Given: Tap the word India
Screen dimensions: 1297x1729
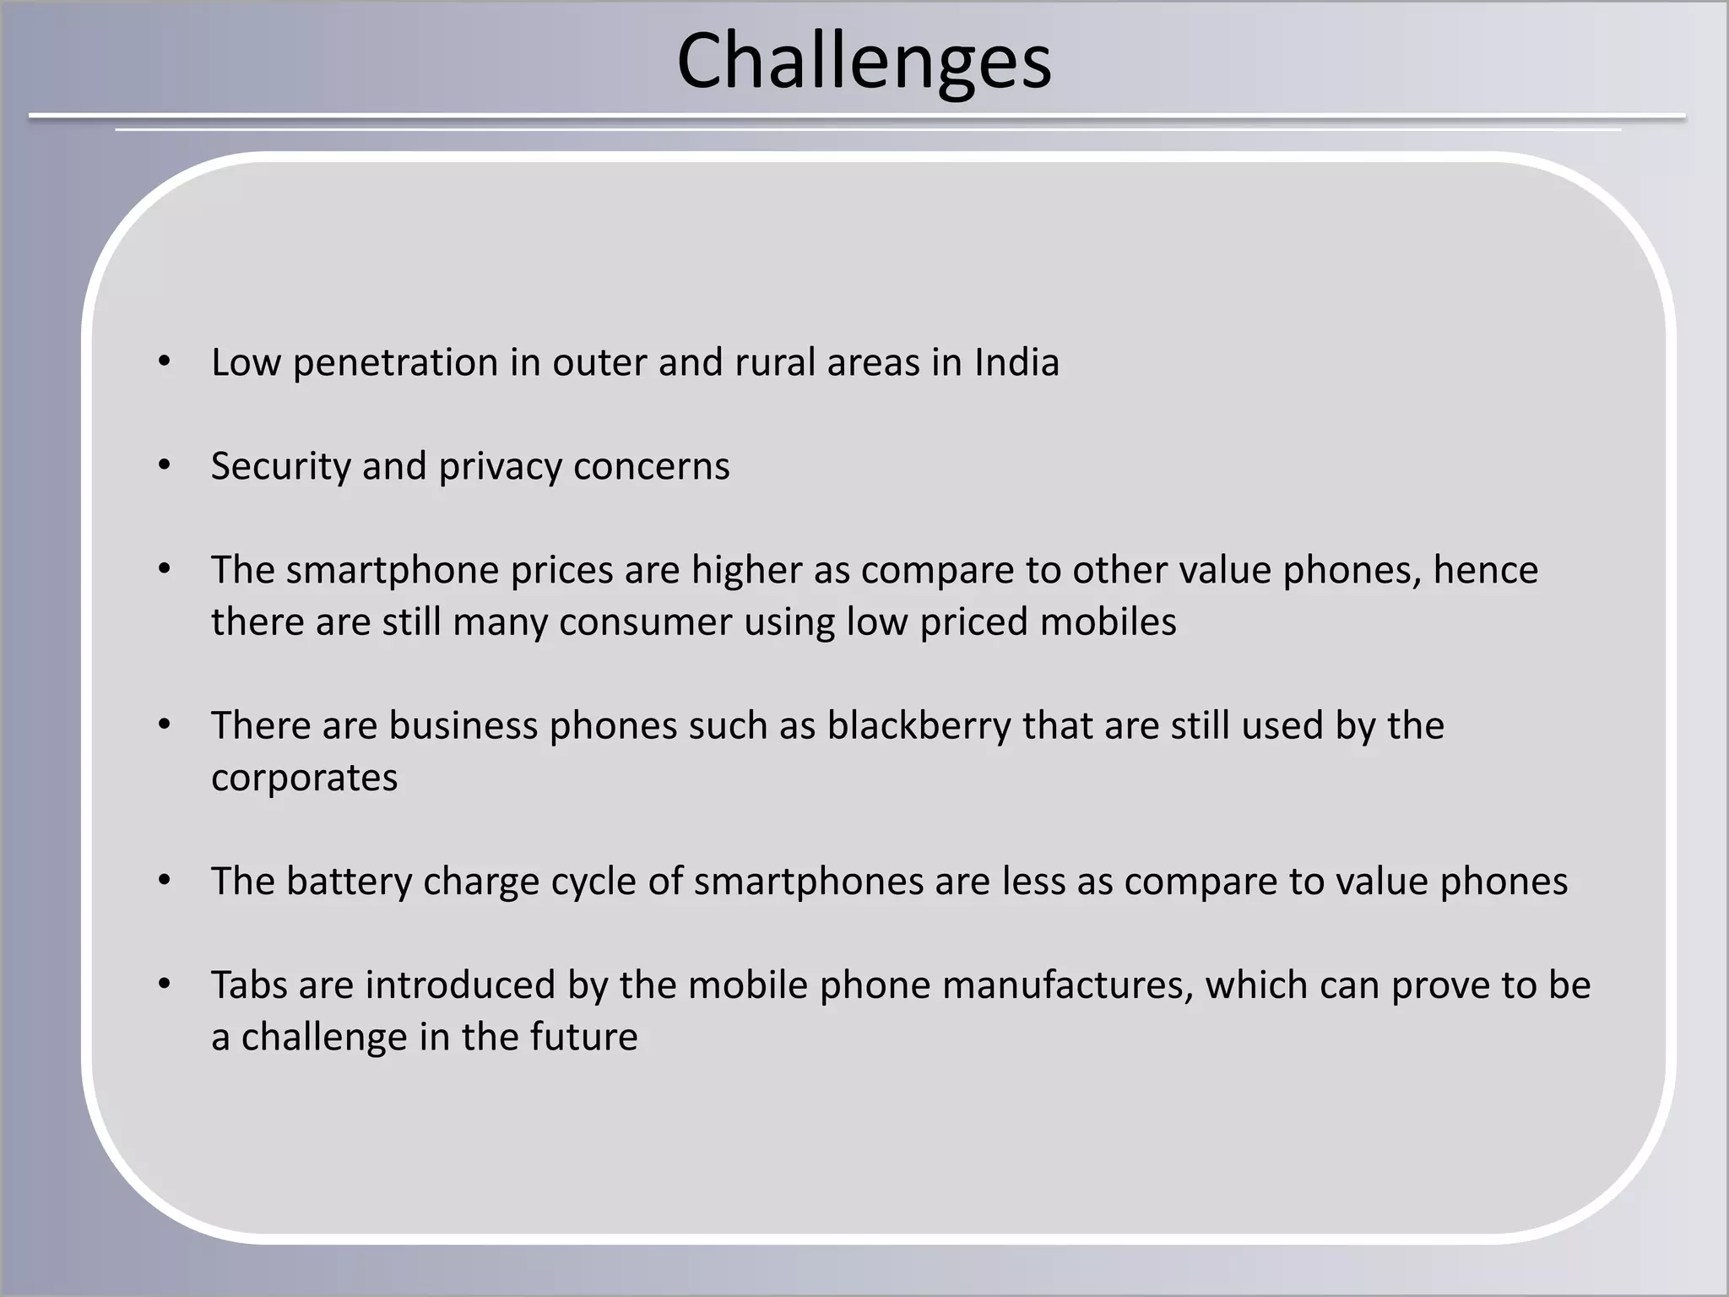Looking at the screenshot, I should pos(1016,363).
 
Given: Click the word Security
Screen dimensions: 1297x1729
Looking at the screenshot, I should pos(280,467).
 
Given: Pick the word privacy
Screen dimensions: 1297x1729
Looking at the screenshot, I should pos(500,467).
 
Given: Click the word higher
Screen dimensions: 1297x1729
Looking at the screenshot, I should pos(746,571).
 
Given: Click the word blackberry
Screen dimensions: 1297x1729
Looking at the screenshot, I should pos(919,726).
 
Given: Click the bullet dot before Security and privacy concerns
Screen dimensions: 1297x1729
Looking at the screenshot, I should pos(165,465).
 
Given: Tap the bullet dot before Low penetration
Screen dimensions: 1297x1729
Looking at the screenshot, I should pos(165,362).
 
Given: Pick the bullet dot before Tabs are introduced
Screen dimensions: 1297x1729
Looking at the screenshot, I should pos(165,985).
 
